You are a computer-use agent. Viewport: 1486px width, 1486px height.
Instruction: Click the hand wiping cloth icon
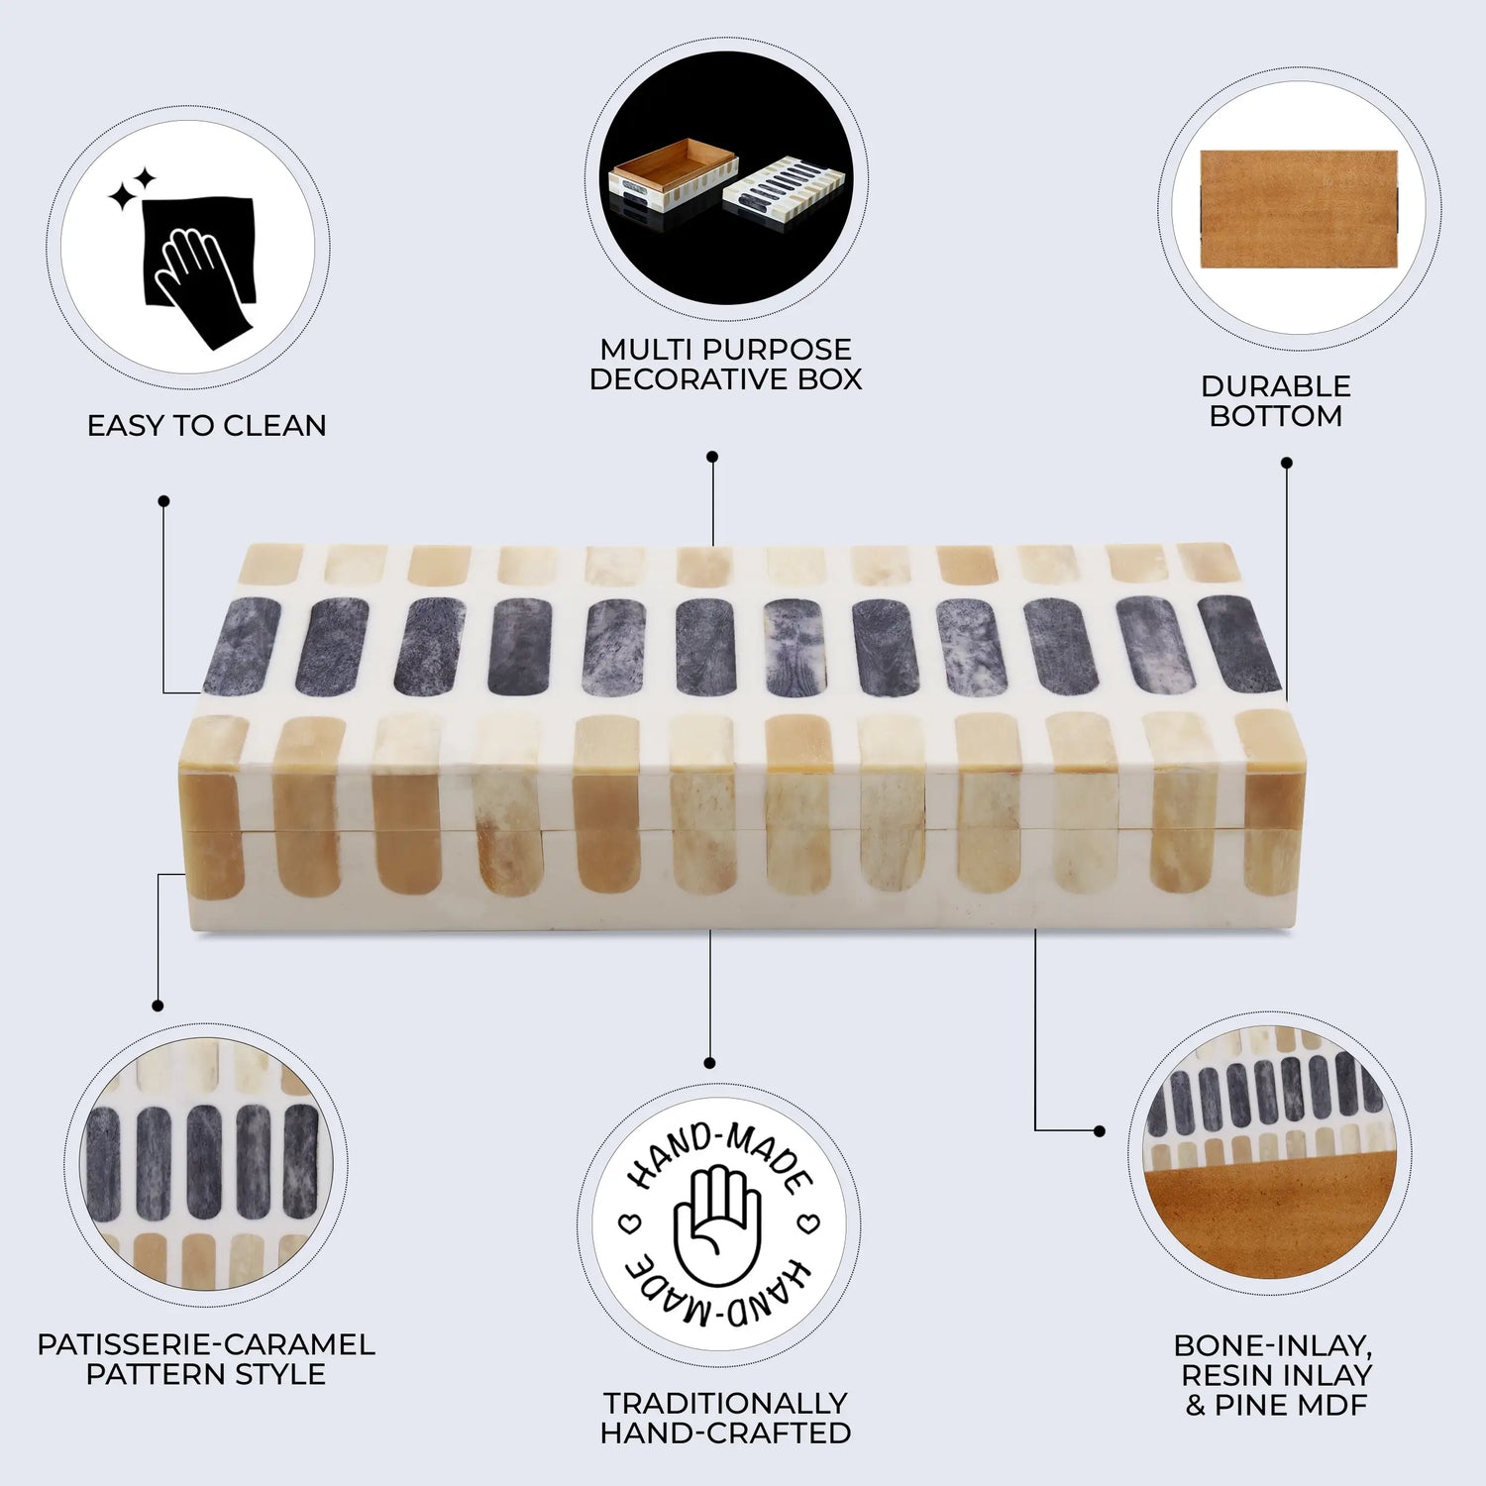tap(198, 267)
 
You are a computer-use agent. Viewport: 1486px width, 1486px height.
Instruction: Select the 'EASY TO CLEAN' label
tap(206, 426)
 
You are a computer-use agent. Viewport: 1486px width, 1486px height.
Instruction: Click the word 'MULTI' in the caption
tap(644, 350)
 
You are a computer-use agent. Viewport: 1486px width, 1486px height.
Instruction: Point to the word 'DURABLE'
tap(1275, 386)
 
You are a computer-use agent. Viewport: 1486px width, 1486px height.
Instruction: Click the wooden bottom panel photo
tap(1299, 209)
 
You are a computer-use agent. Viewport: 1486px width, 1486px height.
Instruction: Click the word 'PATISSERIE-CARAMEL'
tap(206, 1345)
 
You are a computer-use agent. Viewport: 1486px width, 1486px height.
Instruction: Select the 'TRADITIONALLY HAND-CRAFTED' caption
tap(725, 1418)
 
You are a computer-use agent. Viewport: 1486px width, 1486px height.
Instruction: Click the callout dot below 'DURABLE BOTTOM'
tap(1286, 463)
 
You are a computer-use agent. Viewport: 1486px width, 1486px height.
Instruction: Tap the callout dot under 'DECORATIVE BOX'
tap(711, 457)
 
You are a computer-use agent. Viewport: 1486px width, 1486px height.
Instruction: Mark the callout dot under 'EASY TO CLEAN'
tap(163, 501)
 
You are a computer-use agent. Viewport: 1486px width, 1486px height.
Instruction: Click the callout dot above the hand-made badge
tap(709, 1063)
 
